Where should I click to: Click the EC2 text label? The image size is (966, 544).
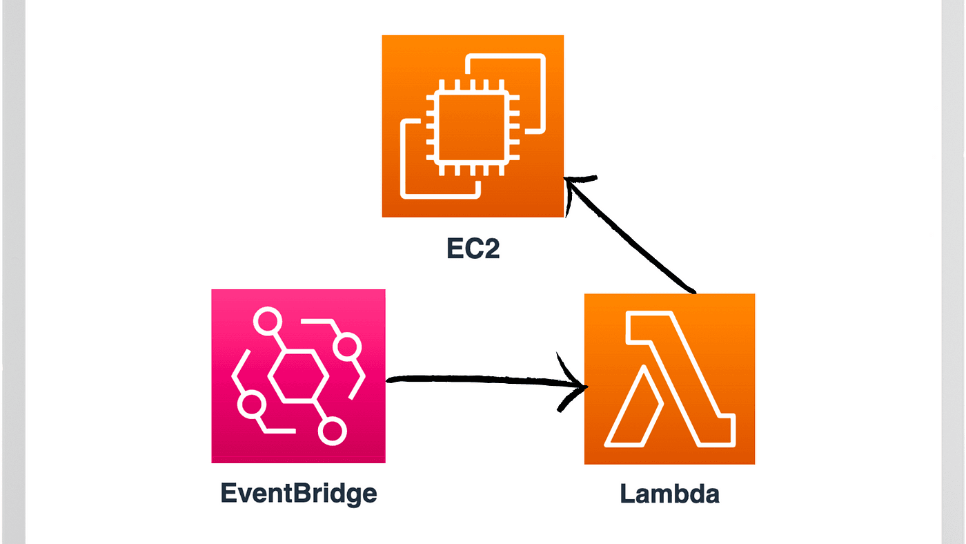(x=473, y=249)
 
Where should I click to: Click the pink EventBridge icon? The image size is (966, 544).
(x=298, y=376)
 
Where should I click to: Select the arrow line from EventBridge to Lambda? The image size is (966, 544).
(x=476, y=378)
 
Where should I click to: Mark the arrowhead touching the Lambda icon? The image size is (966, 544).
(x=574, y=384)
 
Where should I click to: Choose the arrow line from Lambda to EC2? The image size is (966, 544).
(x=635, y=238)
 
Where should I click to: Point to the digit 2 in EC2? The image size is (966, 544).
(x=490, y=249)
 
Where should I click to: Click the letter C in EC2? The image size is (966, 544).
(x=473, y=249)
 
